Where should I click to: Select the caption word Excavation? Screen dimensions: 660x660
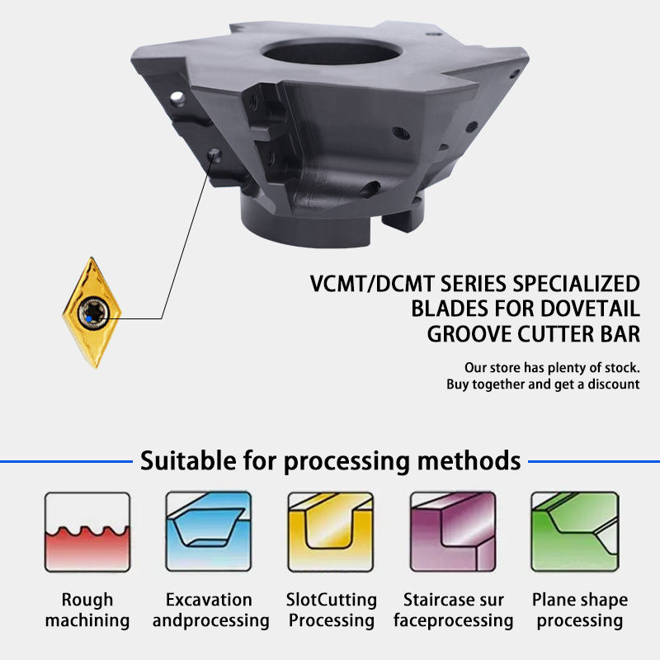tap(209, 600)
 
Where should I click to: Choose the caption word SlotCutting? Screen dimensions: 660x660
tap(331, 600)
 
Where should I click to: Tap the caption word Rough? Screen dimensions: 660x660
tap(87, 600)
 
